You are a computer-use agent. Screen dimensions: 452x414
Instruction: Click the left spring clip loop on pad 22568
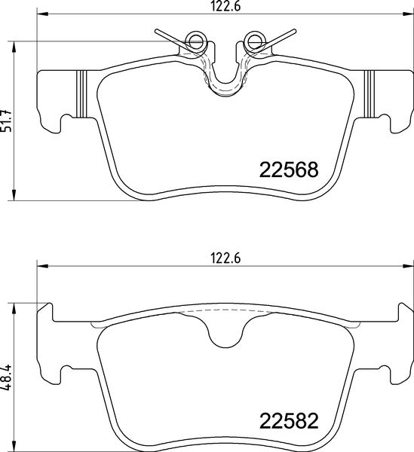coord(195,42)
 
